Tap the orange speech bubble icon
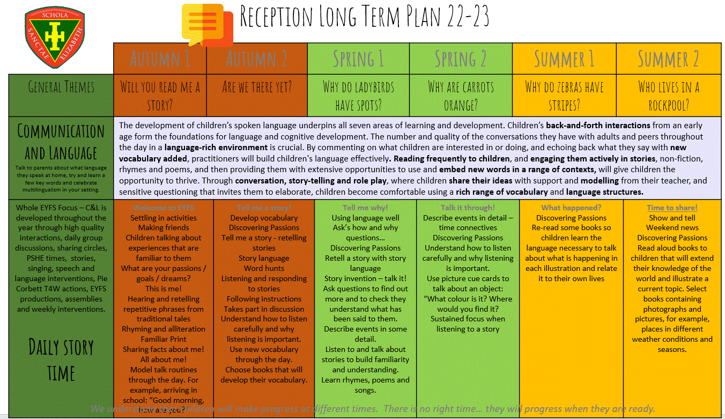tap(206, 25)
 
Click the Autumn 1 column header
tap(160, 58)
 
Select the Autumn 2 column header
tap(256, 58)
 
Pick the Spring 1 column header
tap(358, 58)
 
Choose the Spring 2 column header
tap(461, 58)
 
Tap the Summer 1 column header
tap(564, 58)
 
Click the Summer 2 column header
tap(668, 58)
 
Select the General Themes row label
tap(61, 87)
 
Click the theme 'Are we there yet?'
tap(256, 87)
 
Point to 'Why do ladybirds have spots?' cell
tap(358, 95)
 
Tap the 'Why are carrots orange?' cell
tap(461, 95)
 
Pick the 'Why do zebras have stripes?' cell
tap(564, 95)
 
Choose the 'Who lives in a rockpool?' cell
tap(668, 95)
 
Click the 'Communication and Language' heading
tap(61, 142)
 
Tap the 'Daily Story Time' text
tap(61, 360)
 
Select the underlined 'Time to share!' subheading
tap(672, 208)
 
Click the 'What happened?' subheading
tap(571, 208)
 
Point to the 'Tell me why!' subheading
tap(365, 208)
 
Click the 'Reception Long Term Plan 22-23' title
tap(364, 18)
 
